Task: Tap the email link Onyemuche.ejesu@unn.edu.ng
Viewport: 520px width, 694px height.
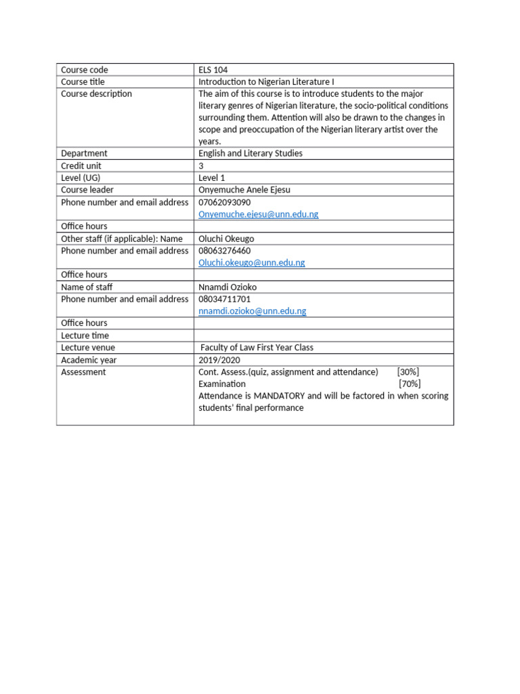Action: (x=258, y=214)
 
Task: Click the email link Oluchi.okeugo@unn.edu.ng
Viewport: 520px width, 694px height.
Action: (x=251, y=263)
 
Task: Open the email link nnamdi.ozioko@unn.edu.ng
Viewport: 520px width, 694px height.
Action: (x=252, y=311)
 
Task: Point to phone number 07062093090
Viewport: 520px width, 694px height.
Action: (x=224, y=203)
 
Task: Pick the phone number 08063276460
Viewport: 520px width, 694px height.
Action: (x=224, y=251)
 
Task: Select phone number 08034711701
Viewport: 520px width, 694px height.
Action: (x=224, y=299)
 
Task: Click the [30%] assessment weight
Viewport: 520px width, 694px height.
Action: (x=408, y=372)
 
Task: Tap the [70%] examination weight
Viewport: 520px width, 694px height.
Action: (x=410, y=384)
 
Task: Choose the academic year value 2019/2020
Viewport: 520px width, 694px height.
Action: (x=219, y=360)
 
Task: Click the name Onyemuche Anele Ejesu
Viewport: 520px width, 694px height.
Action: (x=244, y=190)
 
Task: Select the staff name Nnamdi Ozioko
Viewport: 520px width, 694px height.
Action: (x=227, y=287)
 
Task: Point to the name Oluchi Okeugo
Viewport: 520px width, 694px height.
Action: (x=226, y=239)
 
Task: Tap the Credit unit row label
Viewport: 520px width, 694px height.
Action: (x=81, y=166)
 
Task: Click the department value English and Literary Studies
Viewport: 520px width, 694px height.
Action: (x=251, y=154)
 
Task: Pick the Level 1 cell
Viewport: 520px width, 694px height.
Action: (x=212, y=178)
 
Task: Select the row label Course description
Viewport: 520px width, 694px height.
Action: (x=96, y=94)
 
